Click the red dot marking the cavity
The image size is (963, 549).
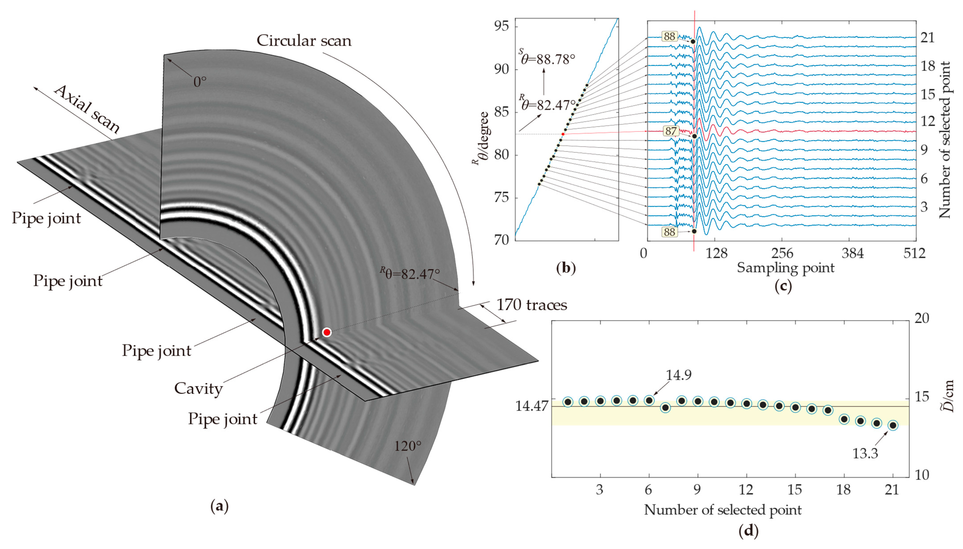click(327, 332)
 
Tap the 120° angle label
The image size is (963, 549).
click(408, 446)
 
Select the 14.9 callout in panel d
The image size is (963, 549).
click(678, 375)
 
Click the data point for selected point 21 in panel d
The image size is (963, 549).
click(892, 425)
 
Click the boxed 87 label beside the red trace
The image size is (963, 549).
click(671, 131)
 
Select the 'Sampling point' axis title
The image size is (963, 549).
click(785, 268)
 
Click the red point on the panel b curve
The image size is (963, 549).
click(563, 134)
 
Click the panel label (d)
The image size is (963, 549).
click(748, 531)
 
